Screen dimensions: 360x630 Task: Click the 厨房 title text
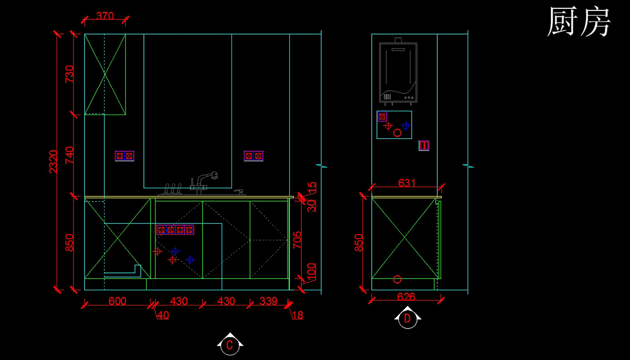[579, 23]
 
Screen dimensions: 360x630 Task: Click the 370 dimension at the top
[105, 16]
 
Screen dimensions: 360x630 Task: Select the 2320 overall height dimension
[53, 161]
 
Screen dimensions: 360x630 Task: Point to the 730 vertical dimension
[69, 74]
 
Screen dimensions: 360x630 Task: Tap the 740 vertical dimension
[69, 155]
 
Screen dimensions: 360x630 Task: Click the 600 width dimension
[117, 301]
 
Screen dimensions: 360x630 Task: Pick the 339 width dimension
[268, 301]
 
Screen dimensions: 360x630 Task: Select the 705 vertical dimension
[297, 240]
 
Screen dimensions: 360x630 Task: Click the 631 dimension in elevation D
[407, 183]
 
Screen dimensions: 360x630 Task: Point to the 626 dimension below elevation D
[406, 297]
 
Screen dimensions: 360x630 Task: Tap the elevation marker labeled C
[229, 345]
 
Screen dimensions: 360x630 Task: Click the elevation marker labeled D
[407, 318]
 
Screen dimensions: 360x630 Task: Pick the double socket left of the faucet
[124, 156]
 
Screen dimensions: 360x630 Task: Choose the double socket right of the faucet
[254, 156]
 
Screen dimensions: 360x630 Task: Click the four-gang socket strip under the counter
[175, 230]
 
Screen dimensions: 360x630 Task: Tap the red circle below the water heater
[397, 133]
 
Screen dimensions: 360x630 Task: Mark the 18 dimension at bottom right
[298, 315]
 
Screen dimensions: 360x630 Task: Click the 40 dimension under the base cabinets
[163, 315]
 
